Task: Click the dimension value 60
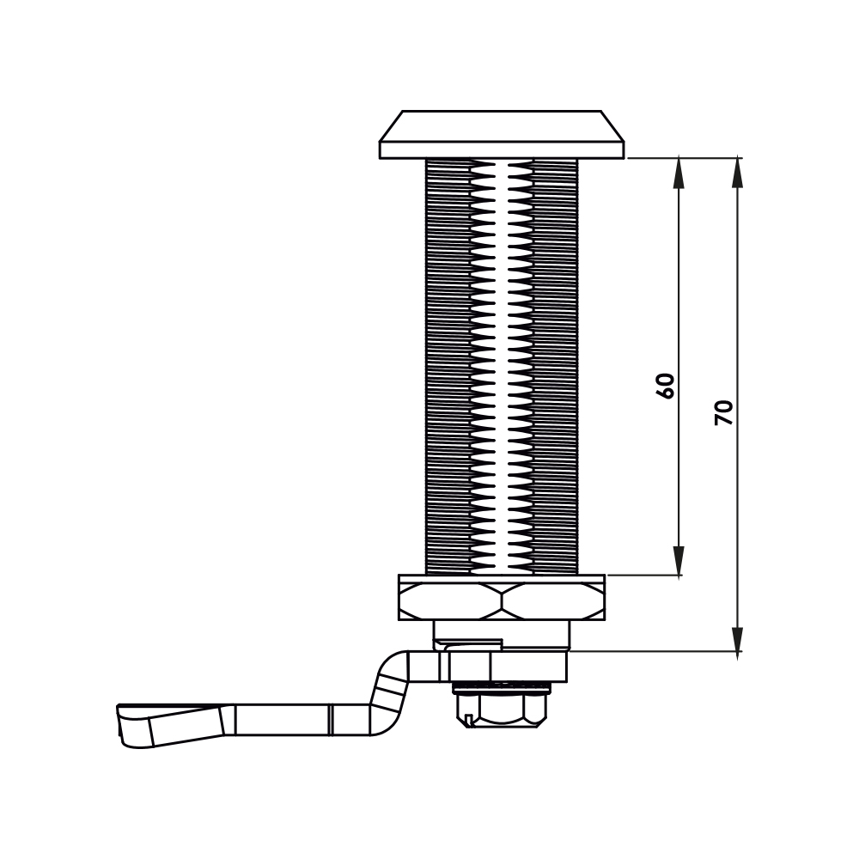click(x=666, y=386)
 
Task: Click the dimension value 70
click(x=724, y=412)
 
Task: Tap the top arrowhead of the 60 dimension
click(x=679, y=173)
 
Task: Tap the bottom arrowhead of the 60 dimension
click(x=679, y=560)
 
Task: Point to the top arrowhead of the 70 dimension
click(x=738, y=173)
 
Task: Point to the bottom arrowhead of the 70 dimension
click(x=738, y=637)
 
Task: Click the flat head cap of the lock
click(x=502, y=135)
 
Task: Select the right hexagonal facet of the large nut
click(x=554, y=601)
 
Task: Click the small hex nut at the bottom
click(x=499, y=707)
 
